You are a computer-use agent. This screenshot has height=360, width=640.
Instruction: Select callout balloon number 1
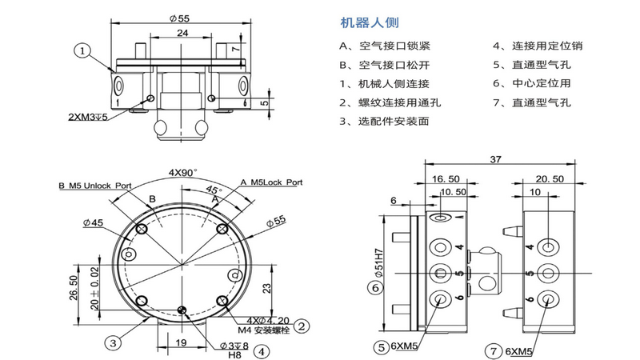tap(83, 50)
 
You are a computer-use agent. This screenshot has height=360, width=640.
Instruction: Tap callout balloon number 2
tap(302, 326)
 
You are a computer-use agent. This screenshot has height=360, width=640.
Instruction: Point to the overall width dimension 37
tap(496, 160)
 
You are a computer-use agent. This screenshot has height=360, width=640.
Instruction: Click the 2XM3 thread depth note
tap(98, 116)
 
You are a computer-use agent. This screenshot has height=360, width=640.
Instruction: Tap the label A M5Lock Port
tap(272, 182)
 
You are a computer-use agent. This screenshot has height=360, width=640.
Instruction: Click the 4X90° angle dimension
tap(183, 172)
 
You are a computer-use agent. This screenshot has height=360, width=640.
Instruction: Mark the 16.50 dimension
tap(444, 180)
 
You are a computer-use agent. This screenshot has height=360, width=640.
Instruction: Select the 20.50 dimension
tap(550, 180)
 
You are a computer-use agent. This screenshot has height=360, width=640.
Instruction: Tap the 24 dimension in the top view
tap(182, 33)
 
